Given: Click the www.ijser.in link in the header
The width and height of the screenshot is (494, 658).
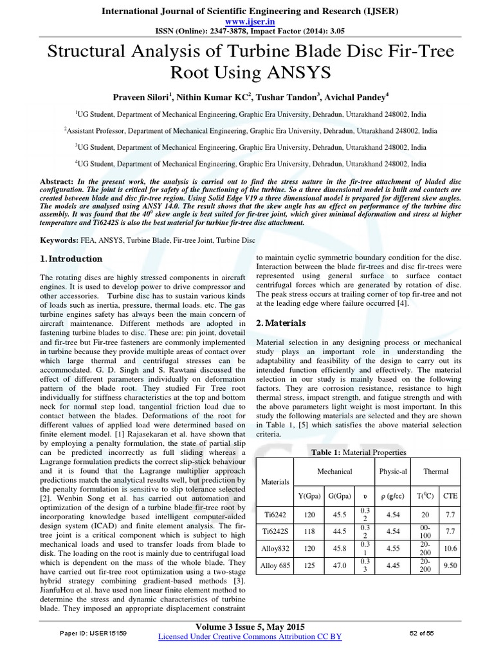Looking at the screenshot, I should click(248, 21).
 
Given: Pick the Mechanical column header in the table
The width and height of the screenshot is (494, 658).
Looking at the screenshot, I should click(334, 472).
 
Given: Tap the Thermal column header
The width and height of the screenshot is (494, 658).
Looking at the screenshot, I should click(435, 472).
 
